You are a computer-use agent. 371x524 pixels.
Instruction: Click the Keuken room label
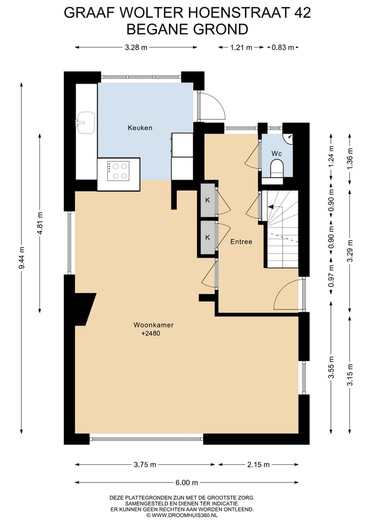(140, 127)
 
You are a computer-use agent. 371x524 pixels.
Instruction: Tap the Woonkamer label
(154, 325)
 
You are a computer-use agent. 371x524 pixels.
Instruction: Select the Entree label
(241, 241)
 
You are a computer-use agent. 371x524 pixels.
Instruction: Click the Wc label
(277, 154)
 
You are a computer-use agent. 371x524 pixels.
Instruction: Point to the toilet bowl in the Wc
(277, 167)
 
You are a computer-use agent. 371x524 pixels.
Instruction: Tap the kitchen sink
(85, 123)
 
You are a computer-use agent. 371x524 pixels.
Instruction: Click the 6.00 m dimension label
(187, 483)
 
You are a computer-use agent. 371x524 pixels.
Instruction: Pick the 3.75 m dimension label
(145, 465)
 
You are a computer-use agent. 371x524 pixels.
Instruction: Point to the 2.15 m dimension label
(259, 465)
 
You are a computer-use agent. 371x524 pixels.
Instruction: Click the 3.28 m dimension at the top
(136, 47)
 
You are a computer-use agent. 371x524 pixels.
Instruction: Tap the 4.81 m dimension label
(40, 222)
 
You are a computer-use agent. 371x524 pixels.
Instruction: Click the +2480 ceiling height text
(150, 334)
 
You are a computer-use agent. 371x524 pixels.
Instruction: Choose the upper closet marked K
(208, 200)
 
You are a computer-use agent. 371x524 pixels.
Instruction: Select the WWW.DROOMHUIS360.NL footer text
(189, 515)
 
